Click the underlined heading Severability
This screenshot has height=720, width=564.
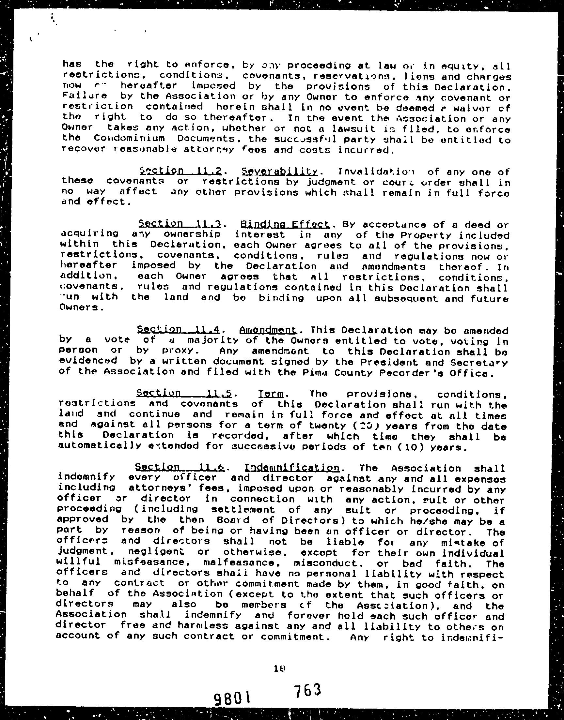pyautogui.click(x=279, y=172)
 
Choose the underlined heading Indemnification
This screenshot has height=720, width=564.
pyautogui.click(x=292, y=468)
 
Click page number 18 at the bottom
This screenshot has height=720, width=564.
pyautogui.click(x=279, y=668)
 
